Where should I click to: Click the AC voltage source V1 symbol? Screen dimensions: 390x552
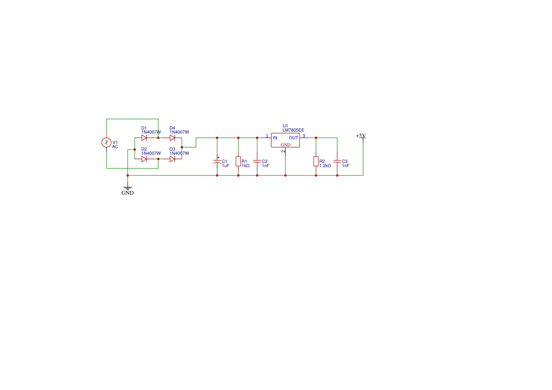106,143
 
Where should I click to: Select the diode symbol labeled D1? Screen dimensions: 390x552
144,138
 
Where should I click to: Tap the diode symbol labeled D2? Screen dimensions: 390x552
144,159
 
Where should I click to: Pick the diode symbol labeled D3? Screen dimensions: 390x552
172,159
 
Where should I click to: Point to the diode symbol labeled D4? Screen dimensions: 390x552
172,138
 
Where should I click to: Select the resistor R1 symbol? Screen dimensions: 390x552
238,161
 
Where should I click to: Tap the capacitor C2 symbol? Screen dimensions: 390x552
257,161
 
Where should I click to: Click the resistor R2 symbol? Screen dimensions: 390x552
316,161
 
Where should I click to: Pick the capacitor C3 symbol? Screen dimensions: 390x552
337,161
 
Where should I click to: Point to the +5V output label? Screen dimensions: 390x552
361,136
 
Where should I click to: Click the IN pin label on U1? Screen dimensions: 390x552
275,137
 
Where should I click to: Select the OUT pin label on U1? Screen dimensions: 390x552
293,137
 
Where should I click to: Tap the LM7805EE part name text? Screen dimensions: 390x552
293,130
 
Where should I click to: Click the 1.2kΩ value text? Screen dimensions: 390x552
325,166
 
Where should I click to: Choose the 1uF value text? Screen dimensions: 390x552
226,166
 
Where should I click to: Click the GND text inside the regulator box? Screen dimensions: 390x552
285,144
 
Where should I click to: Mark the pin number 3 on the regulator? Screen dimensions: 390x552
303,136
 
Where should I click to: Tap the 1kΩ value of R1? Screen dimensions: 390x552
245,166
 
